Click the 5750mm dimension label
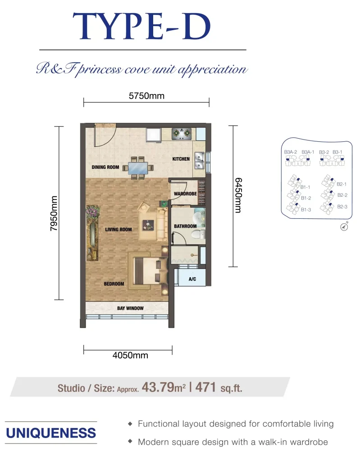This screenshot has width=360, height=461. coord(146,96)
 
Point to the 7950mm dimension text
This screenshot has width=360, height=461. coord(54,213)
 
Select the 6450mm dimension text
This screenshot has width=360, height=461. coord(238,195)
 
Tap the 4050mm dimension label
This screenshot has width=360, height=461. coord(130,355)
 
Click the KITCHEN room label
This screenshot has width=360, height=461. coord(181,159)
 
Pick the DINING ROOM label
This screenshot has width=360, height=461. coord(105,167)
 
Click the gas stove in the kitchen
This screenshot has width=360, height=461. coord(182,134)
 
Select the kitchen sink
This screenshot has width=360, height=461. coord(199,161)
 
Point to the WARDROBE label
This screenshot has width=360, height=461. coord(185,194)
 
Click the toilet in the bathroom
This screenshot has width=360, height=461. coord(198,234)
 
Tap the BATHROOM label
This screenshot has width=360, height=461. coord(185,226)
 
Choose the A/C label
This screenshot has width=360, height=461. coord(192,279)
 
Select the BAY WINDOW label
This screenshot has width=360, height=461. coord(130,308)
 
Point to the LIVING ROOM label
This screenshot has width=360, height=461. coord(118,229)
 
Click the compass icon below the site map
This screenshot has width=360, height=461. coord(344,227)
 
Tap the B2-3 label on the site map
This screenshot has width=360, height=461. coord(342,207)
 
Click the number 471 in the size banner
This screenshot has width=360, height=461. coord(205,387)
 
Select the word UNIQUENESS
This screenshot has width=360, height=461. coord(51,433)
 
